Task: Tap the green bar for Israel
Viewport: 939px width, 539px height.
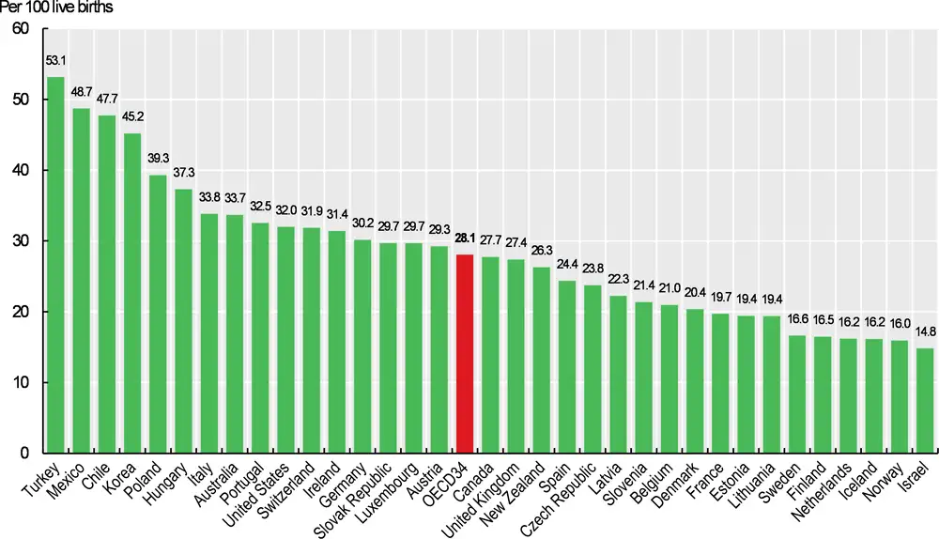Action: tap(925, 400)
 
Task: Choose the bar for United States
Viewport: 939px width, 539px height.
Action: tap(285, 339)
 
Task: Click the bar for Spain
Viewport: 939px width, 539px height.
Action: tap(566, 366)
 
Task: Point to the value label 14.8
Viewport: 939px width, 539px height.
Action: tap(925, 334)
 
